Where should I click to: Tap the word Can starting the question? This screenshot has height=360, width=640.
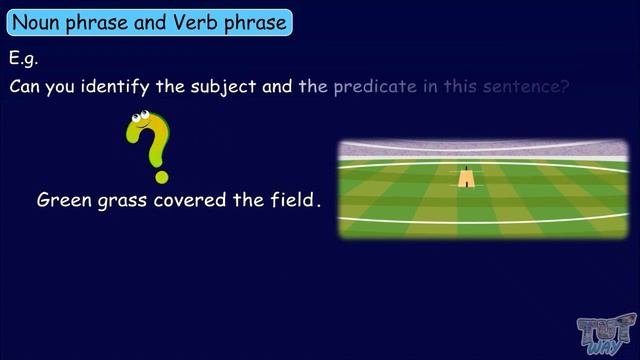click(x=26, y=86)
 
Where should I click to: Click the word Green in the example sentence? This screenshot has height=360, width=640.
click(x=63, y=200)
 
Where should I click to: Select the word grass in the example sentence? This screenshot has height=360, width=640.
click(x=125, y=200)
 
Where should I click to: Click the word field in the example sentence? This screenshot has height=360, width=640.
click(x=293, y=200)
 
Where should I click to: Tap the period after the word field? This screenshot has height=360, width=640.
click(x=319, y=205)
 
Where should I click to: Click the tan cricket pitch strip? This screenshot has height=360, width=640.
click(x=466, y=178)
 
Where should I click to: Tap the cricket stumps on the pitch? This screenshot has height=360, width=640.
click(x=466, y=167)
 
